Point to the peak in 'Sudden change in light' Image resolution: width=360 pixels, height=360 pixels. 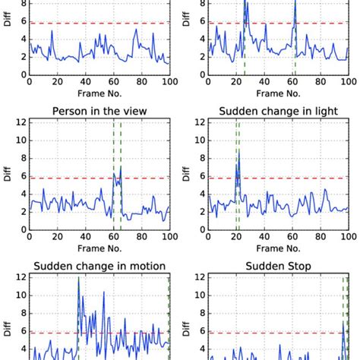(238, 150)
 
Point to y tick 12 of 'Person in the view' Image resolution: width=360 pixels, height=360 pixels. (22, 122)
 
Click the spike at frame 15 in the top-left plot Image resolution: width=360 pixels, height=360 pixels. (52, 30)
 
